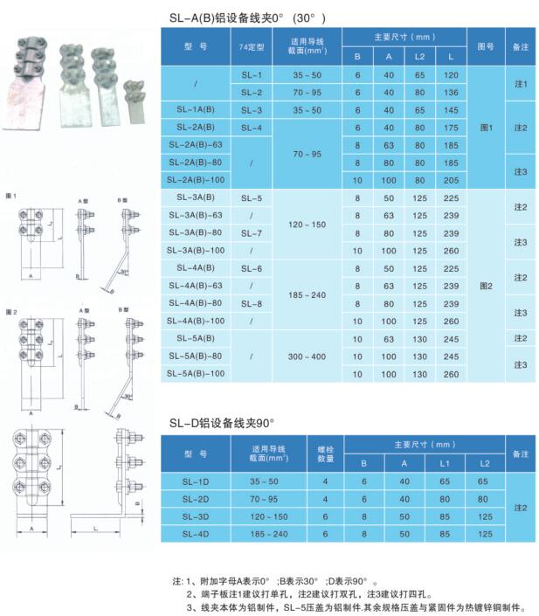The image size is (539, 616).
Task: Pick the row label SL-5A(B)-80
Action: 199,356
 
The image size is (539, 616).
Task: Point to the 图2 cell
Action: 486,285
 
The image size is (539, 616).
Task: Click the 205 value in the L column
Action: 452,179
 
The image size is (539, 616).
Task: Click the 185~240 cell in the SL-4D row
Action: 267,533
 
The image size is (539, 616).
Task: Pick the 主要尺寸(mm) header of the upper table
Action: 404,37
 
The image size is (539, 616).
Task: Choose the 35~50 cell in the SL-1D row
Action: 267,482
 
